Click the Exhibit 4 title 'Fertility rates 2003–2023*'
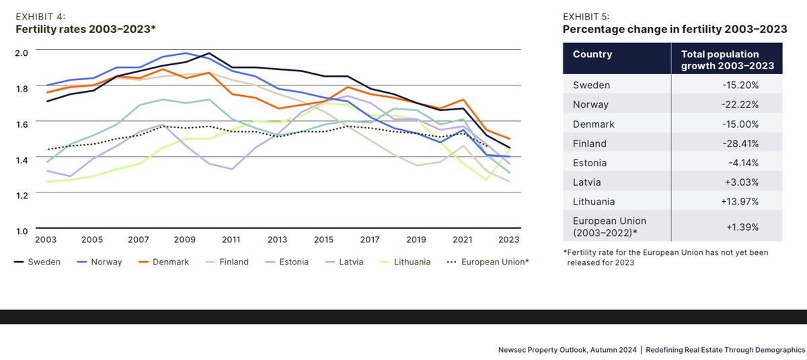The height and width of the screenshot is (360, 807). point(85,28)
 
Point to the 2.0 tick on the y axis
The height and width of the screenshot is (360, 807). point(22,52)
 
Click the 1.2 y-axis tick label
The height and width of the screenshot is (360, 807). point(22,195)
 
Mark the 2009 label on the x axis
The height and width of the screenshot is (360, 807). point(184,240)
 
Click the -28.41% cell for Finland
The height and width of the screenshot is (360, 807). point(741,143)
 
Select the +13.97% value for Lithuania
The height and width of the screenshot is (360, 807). point(741,201)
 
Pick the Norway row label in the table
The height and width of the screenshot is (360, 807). point(590,104)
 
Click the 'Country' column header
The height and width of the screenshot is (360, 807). point(592,55)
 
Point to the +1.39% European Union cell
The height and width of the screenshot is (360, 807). point(742,227)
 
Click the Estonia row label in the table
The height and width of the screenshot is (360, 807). point(590,162)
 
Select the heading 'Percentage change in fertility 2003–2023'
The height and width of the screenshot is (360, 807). point(675,29)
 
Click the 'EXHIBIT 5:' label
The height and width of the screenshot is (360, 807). point(585,16)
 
